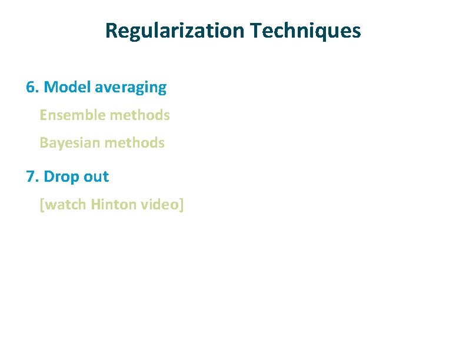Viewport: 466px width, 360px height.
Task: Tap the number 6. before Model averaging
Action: click(32, 88)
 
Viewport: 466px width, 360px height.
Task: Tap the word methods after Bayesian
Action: click(136, 143)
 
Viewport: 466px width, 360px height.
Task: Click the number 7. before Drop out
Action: click(32, 176)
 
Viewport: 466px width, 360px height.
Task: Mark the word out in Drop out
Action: click(95, 176)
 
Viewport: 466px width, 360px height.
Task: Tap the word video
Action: click(161, 205)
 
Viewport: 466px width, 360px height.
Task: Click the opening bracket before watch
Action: click(41, 205)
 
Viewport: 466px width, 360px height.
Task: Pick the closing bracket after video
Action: click(182, 205)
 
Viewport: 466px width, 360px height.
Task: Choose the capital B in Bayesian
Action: click(44, 143)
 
